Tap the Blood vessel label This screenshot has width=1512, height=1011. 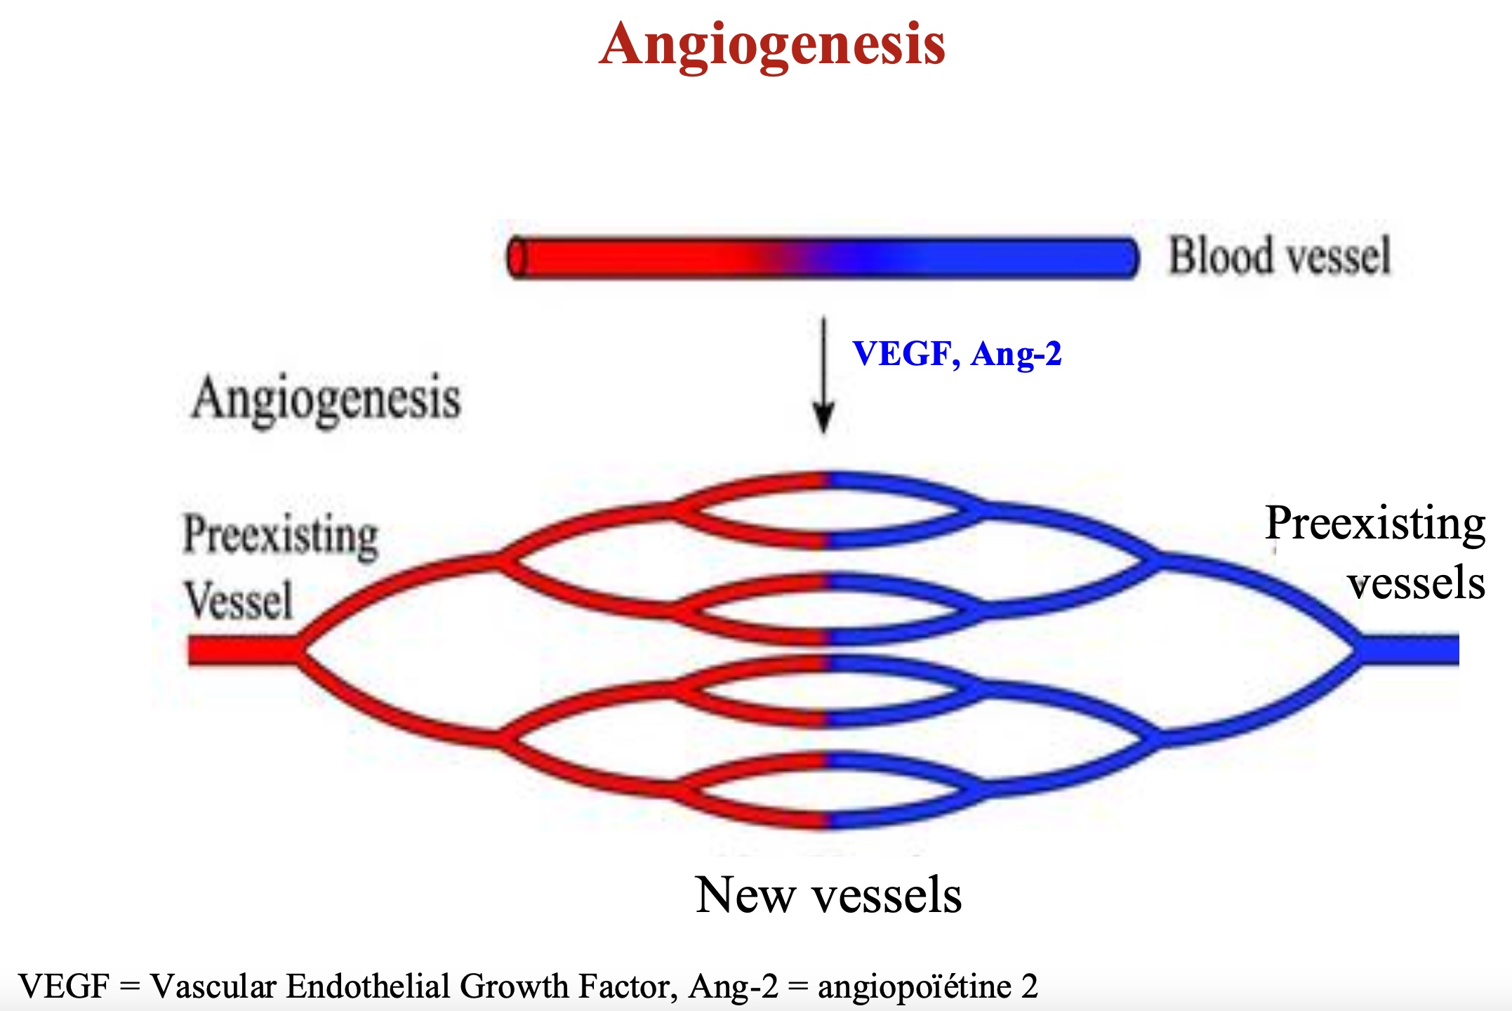pyautogui.click(x=1279, y=256)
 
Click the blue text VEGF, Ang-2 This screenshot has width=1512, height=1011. pyautogui.click(x=957, y=354)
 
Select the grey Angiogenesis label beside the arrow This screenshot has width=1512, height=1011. pyautogui.click(x=326, y=399)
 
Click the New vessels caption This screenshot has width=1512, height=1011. pyautogui.click(x=828, y=895)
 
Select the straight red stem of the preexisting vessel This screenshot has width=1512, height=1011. pyautogui.click(x=243, y=650)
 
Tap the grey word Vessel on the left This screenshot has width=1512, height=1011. pyautogui.click(x=239, y=600)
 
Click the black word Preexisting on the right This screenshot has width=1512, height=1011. pyautogui.click(x=1375, y=524)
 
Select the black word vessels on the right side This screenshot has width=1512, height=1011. pyautogui.click(x=1416, y=583)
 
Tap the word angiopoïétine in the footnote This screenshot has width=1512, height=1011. pyautogui.click(x=915, y=986)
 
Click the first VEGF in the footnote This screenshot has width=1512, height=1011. pyautogui.click(x=64, y=986)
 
